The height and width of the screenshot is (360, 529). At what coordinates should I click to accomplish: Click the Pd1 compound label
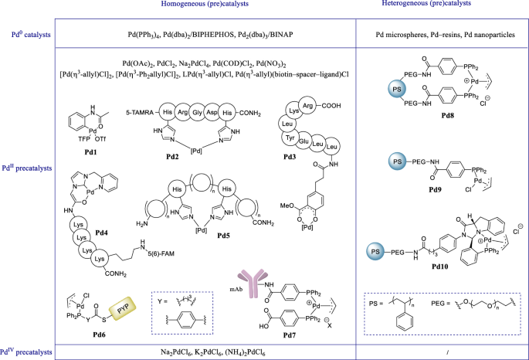click(x=90, y=152)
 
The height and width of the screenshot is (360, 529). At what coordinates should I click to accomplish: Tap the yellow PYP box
click(x=122, y=308)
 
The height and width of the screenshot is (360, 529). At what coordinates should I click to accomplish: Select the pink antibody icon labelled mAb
click(x=251, y=283)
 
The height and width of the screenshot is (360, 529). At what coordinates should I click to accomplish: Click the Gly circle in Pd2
click(x=197, y=112)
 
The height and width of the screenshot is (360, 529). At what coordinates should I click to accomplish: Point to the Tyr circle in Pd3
click(x=290, y=138)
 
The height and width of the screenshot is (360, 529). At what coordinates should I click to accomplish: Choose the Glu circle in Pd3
click(x=303, y=141)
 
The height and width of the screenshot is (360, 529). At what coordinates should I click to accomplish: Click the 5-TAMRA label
click(x=140, y=112)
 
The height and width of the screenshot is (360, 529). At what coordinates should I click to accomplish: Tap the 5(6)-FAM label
click(x=161, y=253)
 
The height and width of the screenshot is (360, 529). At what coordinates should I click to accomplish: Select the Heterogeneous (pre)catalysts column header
click(x=426, y=3)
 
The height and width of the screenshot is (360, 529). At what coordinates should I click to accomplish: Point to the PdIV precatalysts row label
click(x=26, y=352)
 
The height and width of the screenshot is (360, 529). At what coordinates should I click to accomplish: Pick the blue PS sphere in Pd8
click(x=397, y=90)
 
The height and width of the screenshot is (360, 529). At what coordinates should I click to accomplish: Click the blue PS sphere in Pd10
click(x=375, y=252)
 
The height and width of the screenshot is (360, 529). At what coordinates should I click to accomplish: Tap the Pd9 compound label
click(x=435, y=189)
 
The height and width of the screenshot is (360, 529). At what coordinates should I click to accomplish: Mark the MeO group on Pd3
click(x=287, y=205)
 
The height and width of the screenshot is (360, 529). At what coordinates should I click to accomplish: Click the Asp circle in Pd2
click(x=212, y=112)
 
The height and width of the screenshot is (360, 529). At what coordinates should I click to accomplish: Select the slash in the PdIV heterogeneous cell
click(x=447, y=352)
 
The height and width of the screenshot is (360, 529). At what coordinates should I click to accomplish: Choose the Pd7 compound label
click(x=290, y=335)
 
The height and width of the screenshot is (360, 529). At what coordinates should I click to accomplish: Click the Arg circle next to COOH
click(x=307, y=106)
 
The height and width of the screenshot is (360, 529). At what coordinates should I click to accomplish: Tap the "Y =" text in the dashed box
click(x=162, y=301)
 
